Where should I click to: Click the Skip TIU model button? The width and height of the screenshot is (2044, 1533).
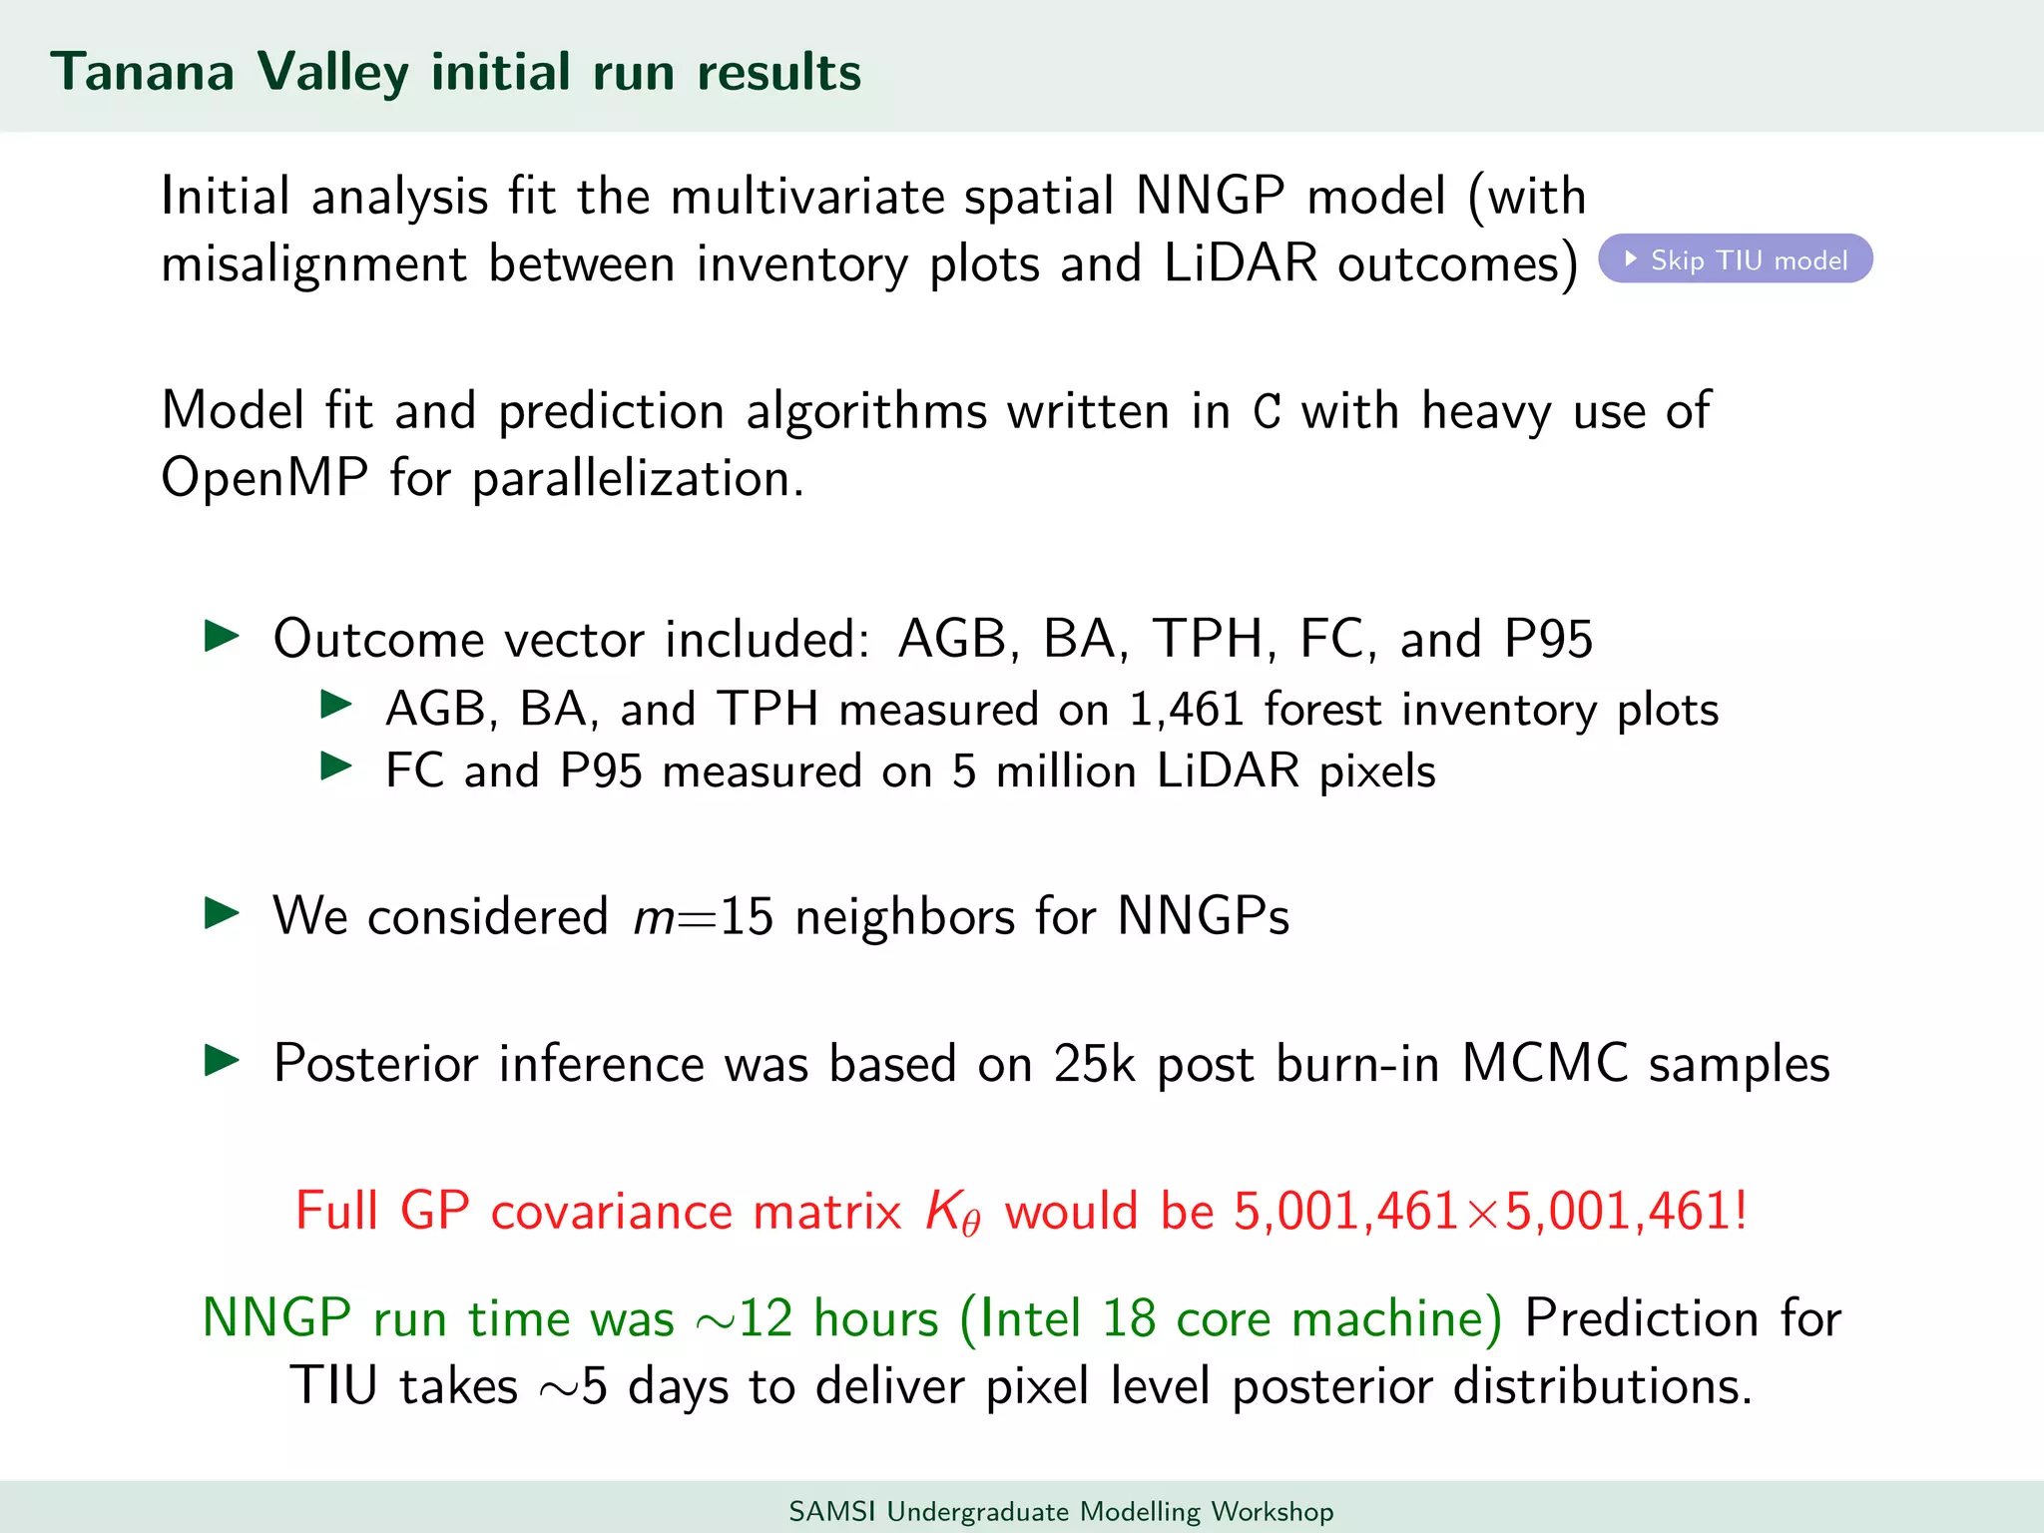tap(1735, 259)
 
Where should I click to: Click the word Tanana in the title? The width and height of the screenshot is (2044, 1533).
tap(143, 73)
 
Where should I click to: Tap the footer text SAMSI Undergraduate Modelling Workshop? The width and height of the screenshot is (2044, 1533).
tap(1061, 1511)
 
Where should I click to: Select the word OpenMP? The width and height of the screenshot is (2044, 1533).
tap(264, 478)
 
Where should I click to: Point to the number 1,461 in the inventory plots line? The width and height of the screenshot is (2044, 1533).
tap(1187, 710)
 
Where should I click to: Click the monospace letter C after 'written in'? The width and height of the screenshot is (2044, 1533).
tap(1267, 412)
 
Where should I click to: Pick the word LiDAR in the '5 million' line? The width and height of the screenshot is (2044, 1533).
tap(1228, 771)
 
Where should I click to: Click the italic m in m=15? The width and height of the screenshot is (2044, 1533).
tap(654, 917)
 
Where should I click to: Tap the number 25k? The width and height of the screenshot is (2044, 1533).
tap(1094, 1064)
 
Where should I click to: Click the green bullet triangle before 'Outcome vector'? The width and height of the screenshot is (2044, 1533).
tap(222, 636)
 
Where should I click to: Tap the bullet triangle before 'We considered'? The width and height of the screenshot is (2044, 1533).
tap(222, 912)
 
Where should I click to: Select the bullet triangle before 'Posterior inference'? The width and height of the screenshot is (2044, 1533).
tap(222, 1060)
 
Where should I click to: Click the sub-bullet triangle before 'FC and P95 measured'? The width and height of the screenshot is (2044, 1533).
tap(336, 766)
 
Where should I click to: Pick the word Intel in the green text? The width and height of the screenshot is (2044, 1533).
tap(1031, 1318)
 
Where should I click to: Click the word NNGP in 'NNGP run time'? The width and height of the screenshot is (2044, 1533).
tap(276, 1318)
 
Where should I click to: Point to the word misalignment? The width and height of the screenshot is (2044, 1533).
tap(313, 264)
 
